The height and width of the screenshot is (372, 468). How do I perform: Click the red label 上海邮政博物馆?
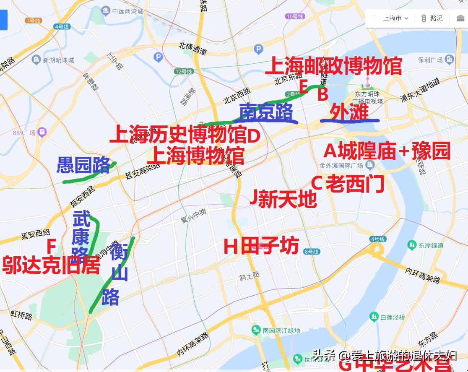pos(333,66)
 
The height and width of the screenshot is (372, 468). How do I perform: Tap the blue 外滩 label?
pos(349,112)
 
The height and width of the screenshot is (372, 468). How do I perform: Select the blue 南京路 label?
pos(266,112)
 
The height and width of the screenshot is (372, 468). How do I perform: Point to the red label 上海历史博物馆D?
pos(185,135)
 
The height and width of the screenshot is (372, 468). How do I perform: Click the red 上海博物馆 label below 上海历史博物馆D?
pos(195,155)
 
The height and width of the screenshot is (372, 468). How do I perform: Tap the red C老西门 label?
pos(348,183)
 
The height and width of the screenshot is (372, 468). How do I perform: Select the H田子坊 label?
pos(261,246)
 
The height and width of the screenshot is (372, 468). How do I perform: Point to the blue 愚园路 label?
pos(83,165)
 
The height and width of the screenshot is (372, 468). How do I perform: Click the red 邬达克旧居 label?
pos(51,265)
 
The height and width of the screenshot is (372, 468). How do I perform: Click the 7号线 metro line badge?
pos(33,21)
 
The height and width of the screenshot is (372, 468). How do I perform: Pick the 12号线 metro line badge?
pos(184,72)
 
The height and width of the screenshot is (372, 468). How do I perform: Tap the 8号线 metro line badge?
pos(312,252)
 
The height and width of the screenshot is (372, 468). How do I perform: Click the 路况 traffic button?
pos(432,18)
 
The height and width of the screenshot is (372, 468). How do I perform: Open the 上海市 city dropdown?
pos(390,18)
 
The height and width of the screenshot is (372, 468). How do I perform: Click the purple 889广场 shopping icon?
pos(42,133)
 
